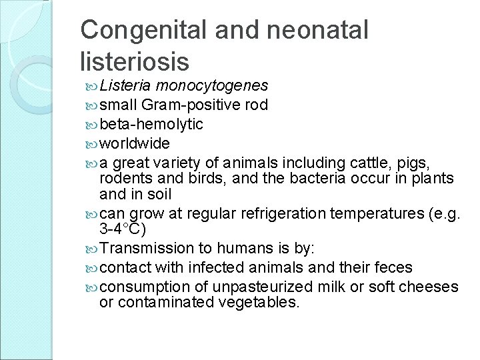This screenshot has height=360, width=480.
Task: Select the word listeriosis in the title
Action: [135, 61]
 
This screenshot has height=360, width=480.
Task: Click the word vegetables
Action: [259, 303]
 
